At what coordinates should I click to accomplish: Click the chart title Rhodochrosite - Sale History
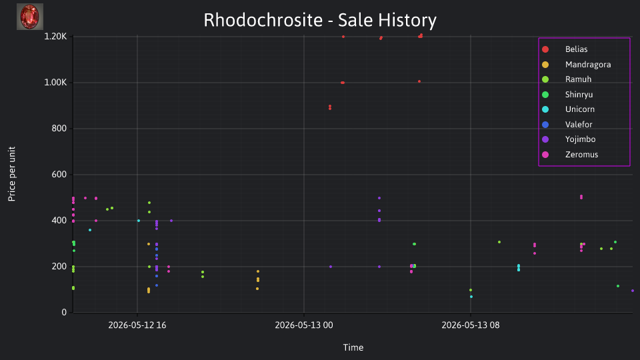[320, 20]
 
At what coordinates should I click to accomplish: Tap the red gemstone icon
[30, 17]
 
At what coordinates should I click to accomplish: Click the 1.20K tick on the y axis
[55, 37]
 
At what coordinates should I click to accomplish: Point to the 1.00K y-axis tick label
[55, 83]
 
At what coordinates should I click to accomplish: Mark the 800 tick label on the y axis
[59, 129]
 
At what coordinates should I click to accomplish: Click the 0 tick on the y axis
[64, 312]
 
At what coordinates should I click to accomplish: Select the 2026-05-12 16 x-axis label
[137, 325]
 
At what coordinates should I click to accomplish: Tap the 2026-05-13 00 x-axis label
[304, 325]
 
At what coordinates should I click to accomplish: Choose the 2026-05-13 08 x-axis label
[471, 325]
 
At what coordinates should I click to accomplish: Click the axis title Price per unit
[12, 174]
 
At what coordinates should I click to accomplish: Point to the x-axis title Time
[353, 347]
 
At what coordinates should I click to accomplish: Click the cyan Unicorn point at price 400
[139, 221]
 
